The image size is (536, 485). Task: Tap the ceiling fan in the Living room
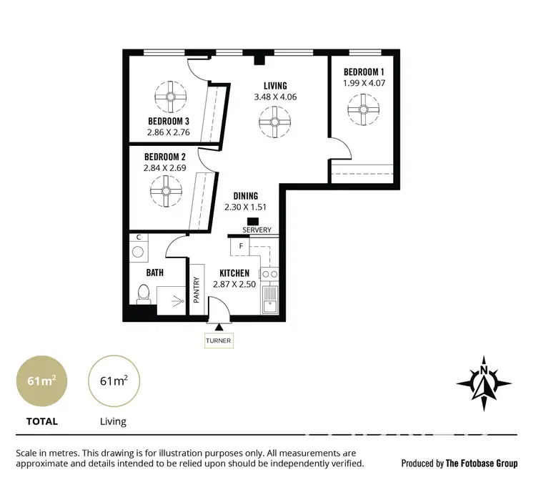point(274,122)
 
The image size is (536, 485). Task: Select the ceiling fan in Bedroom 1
point(362,109)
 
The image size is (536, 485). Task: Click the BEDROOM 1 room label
point(364,72)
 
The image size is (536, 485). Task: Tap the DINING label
point(246,196)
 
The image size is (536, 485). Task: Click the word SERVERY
point(257,230)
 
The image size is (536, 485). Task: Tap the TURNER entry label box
point(218,341)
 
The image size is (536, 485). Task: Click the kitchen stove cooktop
point(269,274)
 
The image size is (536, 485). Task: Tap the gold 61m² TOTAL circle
point(42,381)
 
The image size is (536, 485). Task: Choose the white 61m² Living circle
point(114,381)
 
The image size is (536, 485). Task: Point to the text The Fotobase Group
point(481,464)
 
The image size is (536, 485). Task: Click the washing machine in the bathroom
point(138,253)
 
